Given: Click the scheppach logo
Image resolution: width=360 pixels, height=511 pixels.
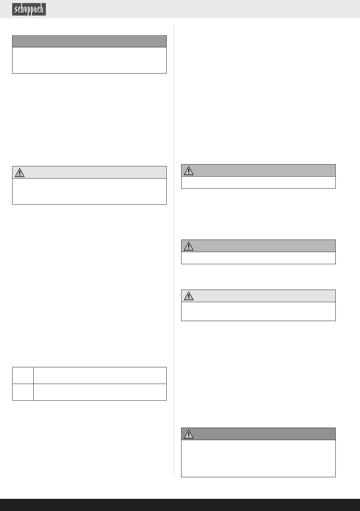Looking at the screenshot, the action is [29, 9].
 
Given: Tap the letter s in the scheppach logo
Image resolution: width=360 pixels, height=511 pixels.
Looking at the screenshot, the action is [16, 9].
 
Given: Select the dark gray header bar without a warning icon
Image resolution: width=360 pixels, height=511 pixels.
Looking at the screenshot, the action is [89, 41].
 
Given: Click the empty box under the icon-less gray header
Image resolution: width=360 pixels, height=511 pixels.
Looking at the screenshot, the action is [89, 60].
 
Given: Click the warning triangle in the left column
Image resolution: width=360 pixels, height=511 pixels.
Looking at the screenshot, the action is [19, 172].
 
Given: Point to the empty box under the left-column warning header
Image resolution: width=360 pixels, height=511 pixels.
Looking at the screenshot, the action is [89, 191].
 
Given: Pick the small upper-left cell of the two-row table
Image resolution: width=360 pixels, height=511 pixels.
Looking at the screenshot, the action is [23, 375].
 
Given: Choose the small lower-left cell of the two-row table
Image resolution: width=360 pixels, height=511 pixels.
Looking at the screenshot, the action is [23, 392].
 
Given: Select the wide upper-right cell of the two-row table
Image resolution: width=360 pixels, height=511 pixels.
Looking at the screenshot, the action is [100, 375].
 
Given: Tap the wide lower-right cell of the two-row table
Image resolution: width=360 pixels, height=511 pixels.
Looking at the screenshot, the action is [100, 392].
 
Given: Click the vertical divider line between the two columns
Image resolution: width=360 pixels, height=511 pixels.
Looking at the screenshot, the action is [174, 250].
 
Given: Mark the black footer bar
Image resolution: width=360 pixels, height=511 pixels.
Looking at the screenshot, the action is [180, 505].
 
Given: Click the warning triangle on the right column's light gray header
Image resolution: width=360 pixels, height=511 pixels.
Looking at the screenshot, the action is [188, 296].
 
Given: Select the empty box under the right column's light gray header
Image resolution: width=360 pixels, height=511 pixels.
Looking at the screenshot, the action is [258, 311].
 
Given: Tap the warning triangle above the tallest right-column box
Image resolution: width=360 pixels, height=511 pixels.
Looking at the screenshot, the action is [188, 434].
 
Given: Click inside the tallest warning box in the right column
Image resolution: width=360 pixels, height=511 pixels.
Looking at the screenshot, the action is [258, 458].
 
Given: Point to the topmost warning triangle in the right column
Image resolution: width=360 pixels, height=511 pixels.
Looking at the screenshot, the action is [188, 171].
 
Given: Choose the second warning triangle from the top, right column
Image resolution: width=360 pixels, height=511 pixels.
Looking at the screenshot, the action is [188, 246].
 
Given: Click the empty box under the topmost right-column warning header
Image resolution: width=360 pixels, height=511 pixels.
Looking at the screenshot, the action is [258, 182].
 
